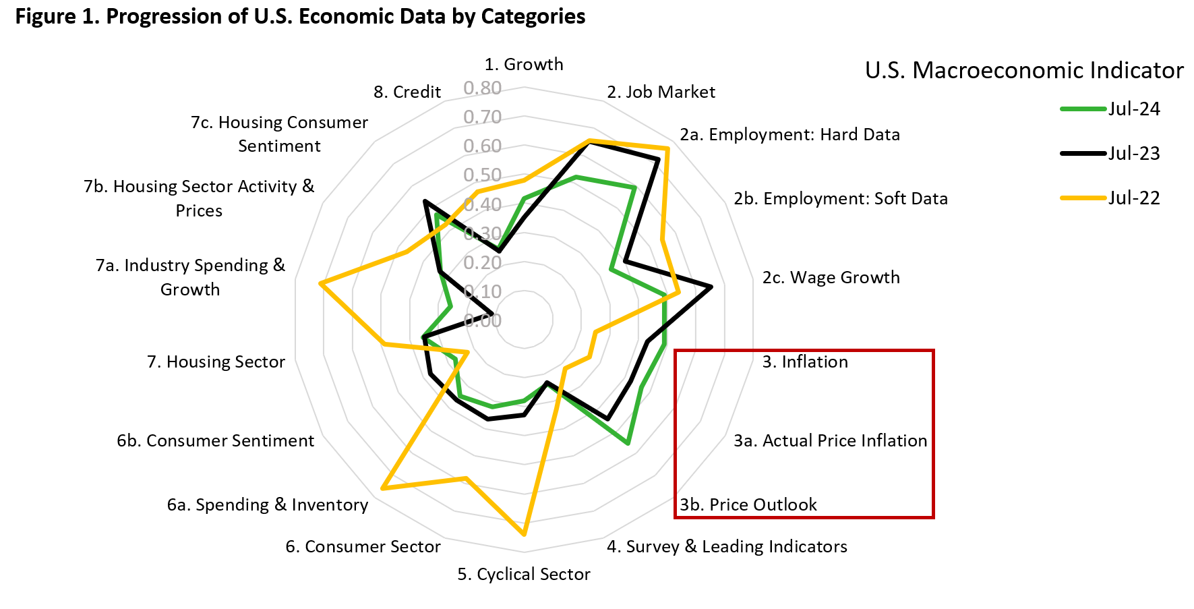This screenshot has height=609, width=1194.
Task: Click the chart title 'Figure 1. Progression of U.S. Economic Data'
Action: click(300, 16)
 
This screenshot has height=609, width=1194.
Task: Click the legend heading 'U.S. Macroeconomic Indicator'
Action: click(1023, 70)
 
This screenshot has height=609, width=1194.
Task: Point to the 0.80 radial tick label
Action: click(482, 88)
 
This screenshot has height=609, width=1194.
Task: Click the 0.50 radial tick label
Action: click(482, 175)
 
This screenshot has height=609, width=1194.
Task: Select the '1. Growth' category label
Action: click(524, 64)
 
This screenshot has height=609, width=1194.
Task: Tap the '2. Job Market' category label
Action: click(661, 92)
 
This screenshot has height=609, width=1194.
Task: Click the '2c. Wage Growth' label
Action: click(831, 277)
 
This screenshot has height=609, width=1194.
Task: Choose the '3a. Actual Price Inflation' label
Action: click(830, 440)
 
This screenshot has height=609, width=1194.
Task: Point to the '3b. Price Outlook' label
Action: click(748, 504)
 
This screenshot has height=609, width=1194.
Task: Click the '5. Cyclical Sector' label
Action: click(524, 574)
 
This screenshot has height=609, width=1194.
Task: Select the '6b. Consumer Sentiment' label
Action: click(215, 440)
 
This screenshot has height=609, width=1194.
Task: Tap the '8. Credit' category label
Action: click(407, 92)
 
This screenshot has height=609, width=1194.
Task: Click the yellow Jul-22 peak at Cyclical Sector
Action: click(524, 534)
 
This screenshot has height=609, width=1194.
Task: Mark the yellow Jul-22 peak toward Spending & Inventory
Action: click(383, 488)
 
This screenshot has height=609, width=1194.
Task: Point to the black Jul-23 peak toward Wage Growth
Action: click(711, 287)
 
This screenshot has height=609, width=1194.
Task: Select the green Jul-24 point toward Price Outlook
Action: click(628, 443)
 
